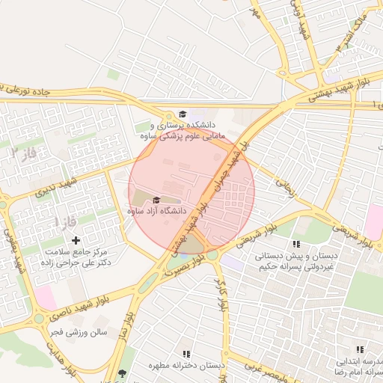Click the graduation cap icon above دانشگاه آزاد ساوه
(156, 200)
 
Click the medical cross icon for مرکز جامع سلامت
(76, 239)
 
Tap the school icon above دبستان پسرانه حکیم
(296, 244)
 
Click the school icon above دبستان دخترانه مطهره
(186, 354)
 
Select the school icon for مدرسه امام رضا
(360, 349)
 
